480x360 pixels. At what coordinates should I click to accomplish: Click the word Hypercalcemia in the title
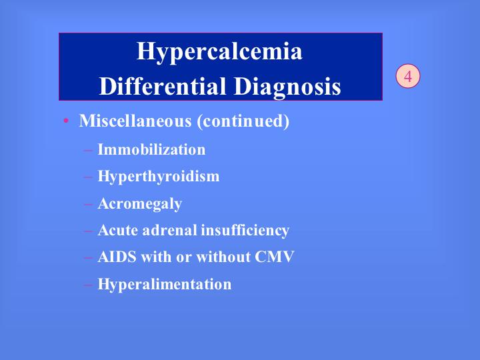click(219, 52)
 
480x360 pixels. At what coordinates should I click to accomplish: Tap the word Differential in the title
click(163, 87)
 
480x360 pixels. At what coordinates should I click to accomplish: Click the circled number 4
click(408, 76)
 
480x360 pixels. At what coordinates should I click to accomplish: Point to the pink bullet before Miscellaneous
click(66, 121)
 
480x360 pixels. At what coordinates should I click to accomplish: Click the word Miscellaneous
click(135, 121)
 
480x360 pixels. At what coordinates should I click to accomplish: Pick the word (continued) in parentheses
click(243, 121)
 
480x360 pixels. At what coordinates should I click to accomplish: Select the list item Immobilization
click(151, 150)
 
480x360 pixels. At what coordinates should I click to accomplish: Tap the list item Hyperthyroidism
click(159, 177)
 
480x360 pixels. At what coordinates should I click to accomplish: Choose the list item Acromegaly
click(140, 204)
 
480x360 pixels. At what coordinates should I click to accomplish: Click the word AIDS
click(117, 257)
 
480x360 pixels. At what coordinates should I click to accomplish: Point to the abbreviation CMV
click(275, 257)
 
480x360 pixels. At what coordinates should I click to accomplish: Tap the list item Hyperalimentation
click(165, 285)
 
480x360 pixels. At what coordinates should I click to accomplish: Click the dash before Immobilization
click(88, 150)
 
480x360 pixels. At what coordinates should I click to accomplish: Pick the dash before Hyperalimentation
click(88, 285)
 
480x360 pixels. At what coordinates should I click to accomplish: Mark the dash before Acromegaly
click(88, 204)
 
